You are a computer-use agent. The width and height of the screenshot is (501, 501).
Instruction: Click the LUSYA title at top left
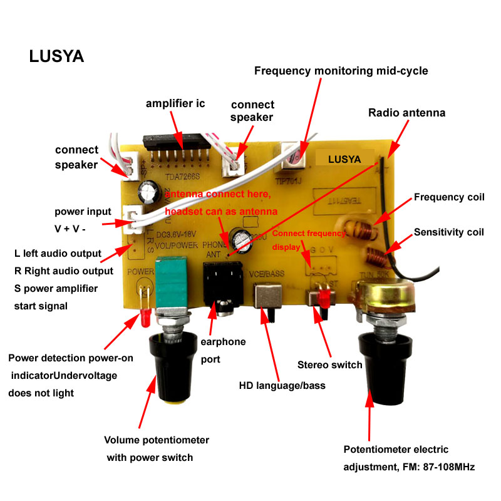(x=56, y=56)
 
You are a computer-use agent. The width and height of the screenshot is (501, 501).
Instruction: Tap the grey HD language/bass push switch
(x=267, y=299)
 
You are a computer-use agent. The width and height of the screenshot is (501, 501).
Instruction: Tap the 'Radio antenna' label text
(x=406, y=113)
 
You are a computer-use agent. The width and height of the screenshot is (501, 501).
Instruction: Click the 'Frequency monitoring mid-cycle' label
(x=341, y=71)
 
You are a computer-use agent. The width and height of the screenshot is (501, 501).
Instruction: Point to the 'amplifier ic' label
(x=175, y=103)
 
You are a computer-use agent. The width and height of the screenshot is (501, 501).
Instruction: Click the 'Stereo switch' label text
(x=329, y=364)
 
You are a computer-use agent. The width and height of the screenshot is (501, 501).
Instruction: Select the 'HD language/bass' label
(x=282, y=385)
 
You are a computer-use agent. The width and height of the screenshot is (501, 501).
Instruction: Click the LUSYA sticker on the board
(x=344, y=159)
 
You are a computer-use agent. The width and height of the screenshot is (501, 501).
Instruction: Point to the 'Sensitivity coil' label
(x=449, y=232)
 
